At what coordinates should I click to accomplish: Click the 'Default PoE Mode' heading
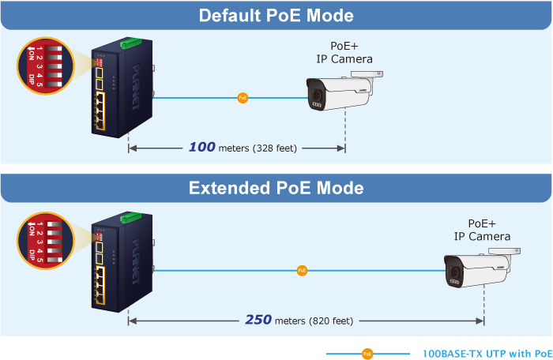pyautogui.click(x=276, y=16)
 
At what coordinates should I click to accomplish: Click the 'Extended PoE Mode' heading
pyautogui.click(x=276, y=189)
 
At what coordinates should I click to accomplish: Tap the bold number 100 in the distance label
pyautogui.click(x=202, y=147)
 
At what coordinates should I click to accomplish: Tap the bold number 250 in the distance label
pyautogui.click(x=258, y=320)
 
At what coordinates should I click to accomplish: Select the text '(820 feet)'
pyautogui.click(x=333, y=321)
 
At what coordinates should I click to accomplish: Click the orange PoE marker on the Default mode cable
pyautogui.click(x=243, y=99)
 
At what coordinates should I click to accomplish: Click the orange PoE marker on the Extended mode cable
pyautogui.click(x=302, y=271)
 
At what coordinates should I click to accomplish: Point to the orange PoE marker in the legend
pyautogui.click(x=367, y=354)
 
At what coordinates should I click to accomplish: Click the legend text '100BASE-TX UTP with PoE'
pyautogui.click(x=487, y=354)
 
